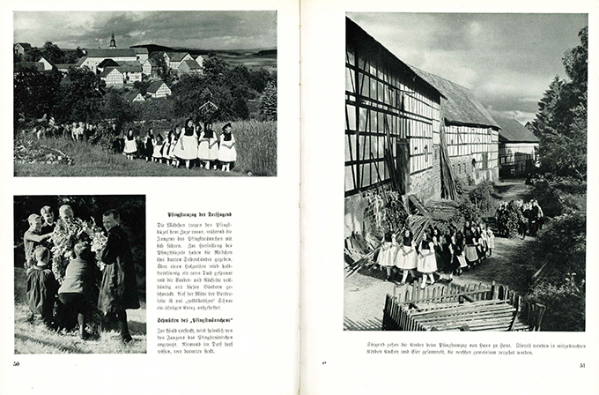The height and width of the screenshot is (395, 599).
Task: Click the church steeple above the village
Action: (113, 41)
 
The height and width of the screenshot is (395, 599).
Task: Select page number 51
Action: (582, 364)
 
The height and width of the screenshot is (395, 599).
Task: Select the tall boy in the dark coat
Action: (117, 265)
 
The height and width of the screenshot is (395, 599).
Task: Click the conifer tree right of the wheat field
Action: (268, 101)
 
